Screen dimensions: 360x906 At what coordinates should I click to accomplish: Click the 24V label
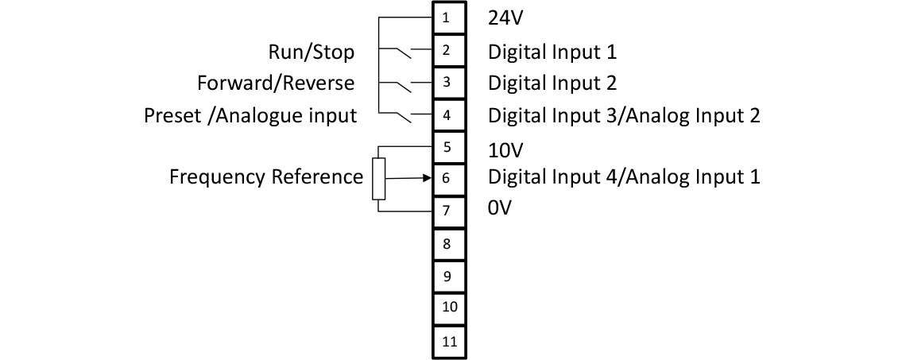click(505, 17)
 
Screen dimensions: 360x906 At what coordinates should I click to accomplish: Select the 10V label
click(505, 150)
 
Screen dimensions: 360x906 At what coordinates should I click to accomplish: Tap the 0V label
click(501, 210)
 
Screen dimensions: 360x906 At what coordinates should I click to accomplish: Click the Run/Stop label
click(311, 52)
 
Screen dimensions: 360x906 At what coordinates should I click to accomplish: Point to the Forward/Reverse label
click(276, 83)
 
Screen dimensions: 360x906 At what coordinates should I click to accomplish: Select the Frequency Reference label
click(265, 176)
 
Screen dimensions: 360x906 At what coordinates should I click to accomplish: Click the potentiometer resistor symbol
click(378, 179)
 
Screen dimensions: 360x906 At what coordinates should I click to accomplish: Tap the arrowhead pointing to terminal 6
click(425, 178)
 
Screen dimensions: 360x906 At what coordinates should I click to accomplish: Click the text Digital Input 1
click(552, 52)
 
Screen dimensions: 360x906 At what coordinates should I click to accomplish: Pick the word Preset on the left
click(171, 116)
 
